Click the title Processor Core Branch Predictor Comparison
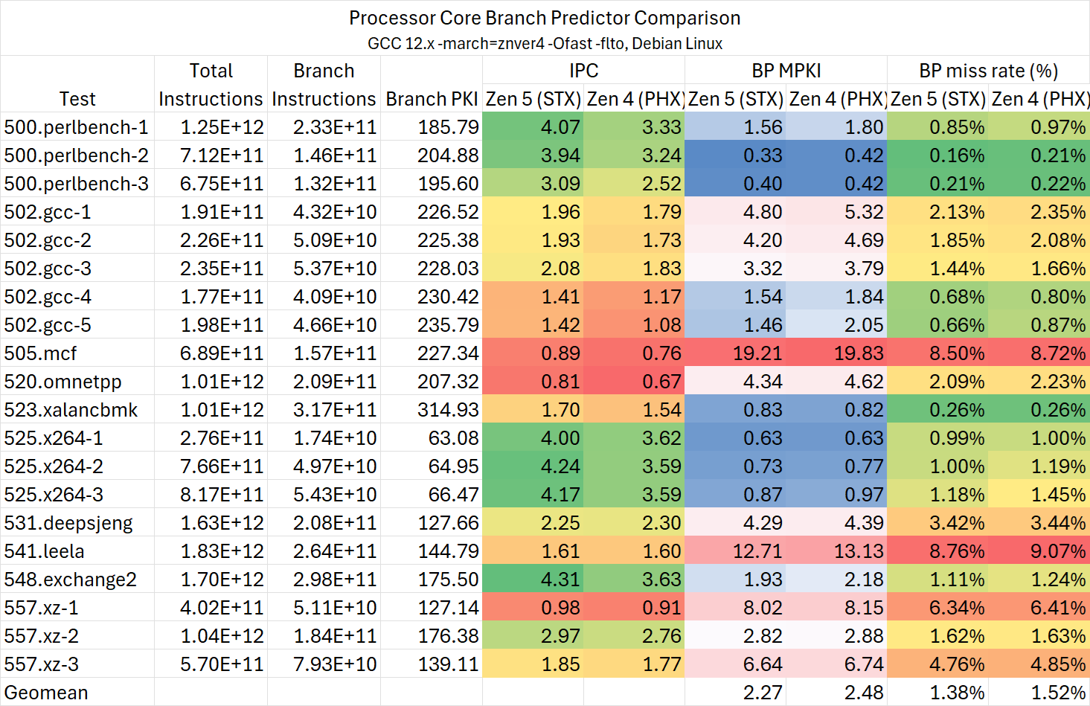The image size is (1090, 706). coord(545,18)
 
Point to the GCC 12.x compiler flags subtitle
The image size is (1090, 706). coord(545,43)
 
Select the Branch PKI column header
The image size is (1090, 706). coord(432,99)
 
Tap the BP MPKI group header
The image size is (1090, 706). coord(786,71)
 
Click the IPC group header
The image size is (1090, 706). coord(583,71)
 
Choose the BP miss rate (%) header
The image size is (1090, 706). coord(988,71)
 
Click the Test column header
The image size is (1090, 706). coord(77,99)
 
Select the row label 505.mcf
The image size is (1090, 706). coord(40,353)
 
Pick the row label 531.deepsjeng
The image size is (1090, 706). coord(68,523)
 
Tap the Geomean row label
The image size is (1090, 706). coord(46,693)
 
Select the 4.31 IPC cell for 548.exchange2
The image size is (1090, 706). coord(560,580)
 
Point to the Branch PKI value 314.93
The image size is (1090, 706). coord(448,410)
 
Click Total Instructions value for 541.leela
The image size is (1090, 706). coord(222,551)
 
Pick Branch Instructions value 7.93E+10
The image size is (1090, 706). coord(335,664)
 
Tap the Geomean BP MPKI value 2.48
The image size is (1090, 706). coord(864,693)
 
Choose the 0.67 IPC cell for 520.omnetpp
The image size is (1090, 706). coord(661,382)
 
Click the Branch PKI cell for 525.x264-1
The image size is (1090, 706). coord(453,438)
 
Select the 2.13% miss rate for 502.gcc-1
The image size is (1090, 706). coord(957,212)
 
